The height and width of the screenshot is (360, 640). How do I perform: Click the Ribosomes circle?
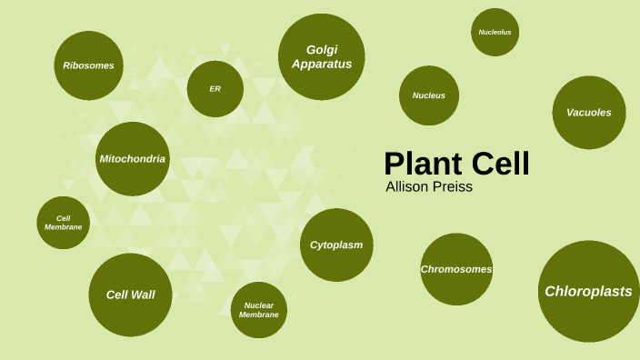tap(88, 65)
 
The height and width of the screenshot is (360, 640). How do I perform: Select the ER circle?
tap(215, 88)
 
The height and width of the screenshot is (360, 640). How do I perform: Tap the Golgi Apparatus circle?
tap(321, 56)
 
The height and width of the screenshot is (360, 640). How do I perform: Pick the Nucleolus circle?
tap(495, 33)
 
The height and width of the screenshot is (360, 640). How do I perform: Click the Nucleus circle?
tap(428, 95)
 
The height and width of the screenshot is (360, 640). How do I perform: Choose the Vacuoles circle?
tap(589, 113)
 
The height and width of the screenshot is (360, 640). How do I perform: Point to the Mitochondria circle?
tap(133, 159)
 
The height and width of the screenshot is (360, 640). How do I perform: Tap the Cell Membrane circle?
tap(64, 223)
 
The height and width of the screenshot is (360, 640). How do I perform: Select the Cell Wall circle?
tap(131, 295)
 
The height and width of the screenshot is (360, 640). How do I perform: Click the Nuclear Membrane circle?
tap(259, 310)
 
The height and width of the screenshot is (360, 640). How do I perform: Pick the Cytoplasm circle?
tap(336, 245)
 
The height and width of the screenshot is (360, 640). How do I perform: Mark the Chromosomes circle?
tap(456, 269)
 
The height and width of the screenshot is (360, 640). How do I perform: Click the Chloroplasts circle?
tap(589, 292)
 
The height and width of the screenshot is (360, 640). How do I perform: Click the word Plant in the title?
tap(424, 164)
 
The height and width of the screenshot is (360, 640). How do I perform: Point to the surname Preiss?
tap(454, 187)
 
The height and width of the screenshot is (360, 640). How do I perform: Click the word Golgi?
tap(322, 49)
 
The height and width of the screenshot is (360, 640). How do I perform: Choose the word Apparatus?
tap(322, 64)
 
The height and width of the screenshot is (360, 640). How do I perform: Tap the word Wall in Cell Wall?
tap(144, 295)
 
